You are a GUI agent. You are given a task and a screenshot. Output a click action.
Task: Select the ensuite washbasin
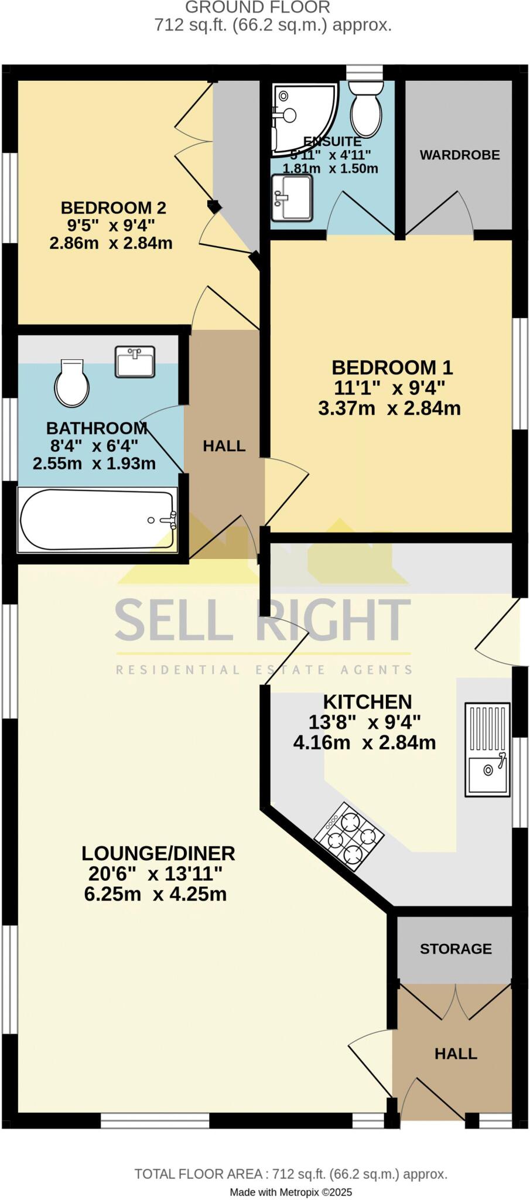[291, 198]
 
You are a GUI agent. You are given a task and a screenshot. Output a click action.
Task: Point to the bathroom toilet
[72, 384]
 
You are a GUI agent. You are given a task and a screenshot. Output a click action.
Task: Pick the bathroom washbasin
[135, 362]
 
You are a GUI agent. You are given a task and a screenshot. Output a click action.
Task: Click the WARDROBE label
[460, 155]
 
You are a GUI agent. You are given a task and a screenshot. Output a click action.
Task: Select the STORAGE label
[456, 949]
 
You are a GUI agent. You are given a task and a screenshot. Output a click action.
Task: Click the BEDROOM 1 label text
[392, 368]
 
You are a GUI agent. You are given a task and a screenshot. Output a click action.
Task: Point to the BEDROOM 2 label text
[114, 208]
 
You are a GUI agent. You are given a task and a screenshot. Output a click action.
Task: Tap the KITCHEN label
[368, 701]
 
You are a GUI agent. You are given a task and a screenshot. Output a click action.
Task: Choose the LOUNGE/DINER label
[158, 853]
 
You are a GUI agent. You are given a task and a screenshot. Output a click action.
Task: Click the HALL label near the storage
[456, 1054]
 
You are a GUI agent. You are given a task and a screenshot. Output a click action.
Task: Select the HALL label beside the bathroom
[224, 446]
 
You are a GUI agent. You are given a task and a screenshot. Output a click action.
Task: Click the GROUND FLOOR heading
[258, 8]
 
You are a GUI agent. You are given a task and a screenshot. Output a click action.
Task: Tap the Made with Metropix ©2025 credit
[290, 1192]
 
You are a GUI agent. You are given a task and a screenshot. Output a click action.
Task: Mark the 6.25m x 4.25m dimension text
[156, 894]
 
